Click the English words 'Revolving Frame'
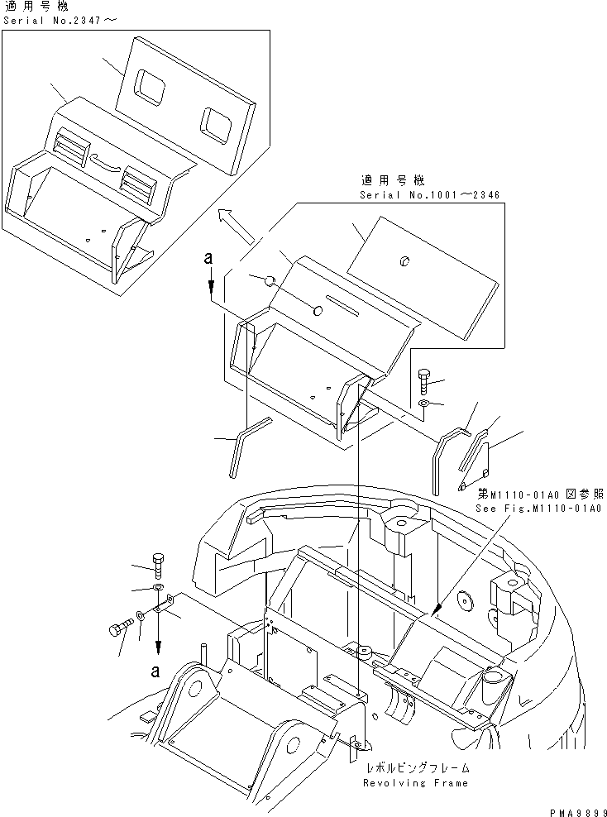pyautogui.click(x=417, y=782)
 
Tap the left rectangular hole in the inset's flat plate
pyautogui.click(x=151, y=85)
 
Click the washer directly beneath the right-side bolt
pyautogui.click(x=423, y=404)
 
